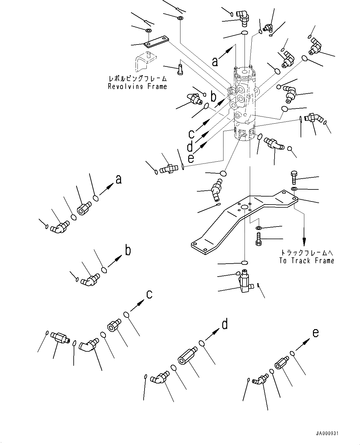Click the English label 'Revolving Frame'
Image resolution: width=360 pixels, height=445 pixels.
[x=137, y=87]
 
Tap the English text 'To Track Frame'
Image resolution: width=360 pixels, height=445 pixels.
[x=306, y=261]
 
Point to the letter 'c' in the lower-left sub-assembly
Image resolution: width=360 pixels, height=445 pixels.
[x=149, y=295]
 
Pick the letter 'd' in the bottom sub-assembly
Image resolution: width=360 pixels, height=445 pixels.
[x=225, y=324]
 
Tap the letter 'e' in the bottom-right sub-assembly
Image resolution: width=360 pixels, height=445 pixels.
[x=315, y=333]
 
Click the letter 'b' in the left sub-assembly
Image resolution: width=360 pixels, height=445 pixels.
[x=128, y=250]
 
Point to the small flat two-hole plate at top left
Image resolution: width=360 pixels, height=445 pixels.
[x=157, y=42]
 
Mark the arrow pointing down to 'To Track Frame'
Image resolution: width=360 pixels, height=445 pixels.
[x=304, y=235]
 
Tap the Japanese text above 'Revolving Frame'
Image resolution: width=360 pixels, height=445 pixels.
[x=137, y=78]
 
